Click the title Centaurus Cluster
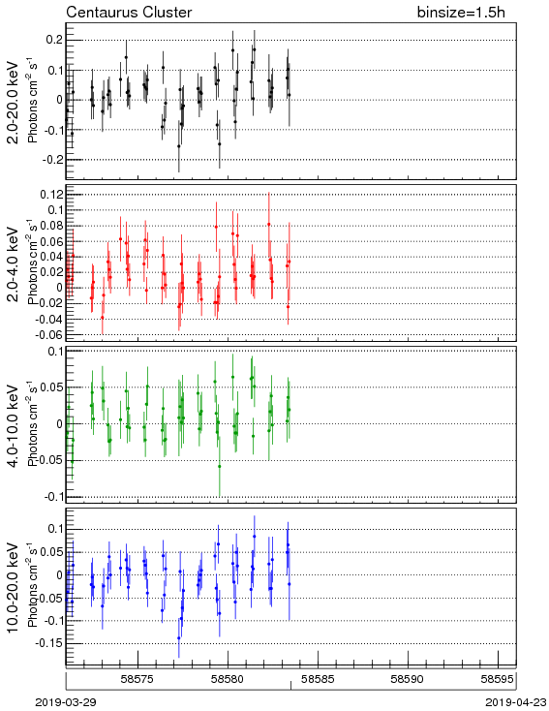[x=129, y=13]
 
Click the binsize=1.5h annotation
[x=461, y=13]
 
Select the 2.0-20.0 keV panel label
[x=15, y=102]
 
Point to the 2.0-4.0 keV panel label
[x=15, y=263]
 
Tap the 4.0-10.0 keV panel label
[x=15, y=425]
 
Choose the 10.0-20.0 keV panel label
[x=15, y=588]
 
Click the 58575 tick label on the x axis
[x=137, y=679]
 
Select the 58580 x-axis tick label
[x=228, y=679]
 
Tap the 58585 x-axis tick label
[x=318, y=679]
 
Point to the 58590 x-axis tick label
[x=408, y=679]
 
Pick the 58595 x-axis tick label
[x=498, y=679]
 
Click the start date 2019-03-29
[x=66, y=702]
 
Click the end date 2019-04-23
[x=516, y=702]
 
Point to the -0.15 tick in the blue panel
[x=50, y=643]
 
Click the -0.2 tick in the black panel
[x=53, y=160]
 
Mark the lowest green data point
[x=220, y=466]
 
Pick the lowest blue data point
[x=178, y=638]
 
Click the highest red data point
[x=269, y=224]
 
